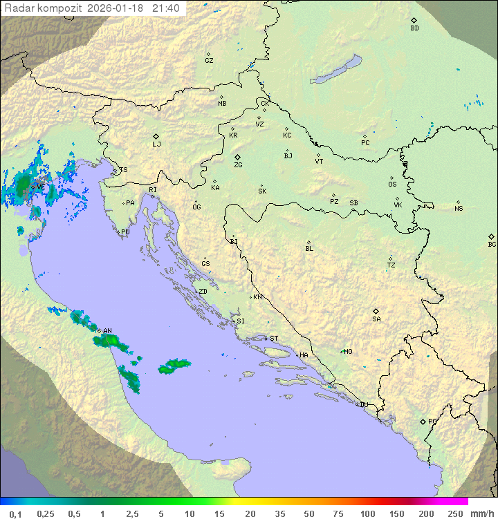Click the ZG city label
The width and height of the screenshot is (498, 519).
[x=238, y=165]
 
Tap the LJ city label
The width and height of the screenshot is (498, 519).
[x=156, y=144]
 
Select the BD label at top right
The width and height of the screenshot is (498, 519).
[x=414, y=28]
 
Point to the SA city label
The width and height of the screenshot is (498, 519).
[x=376, y=319]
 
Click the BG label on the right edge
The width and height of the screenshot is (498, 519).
[x=492, y=244]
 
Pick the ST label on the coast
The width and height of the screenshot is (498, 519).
[x=274, y=339]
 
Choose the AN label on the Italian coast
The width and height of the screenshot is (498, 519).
[x=107, y=331]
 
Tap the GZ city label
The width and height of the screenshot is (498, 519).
[x=209, y=61]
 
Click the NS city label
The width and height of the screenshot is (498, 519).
[x=459, y=209]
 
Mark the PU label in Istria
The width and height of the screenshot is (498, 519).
[x=125, y=232]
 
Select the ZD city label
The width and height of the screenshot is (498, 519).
[x=203, y=292]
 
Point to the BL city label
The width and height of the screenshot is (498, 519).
[x=309, y=249]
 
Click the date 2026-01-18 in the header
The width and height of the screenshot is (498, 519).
[x=116, y=8]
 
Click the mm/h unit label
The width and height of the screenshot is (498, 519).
[x=481, y=513]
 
